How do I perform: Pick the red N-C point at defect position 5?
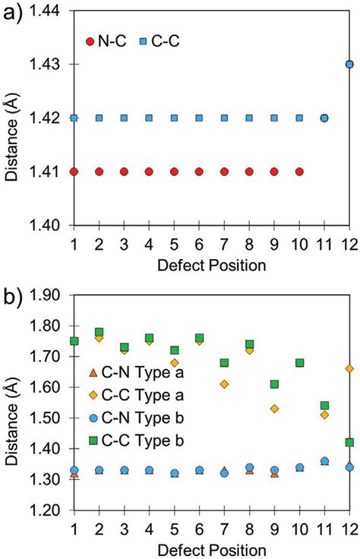pos(174,172)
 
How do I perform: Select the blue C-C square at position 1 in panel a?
pos(74,118)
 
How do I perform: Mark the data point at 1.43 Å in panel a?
pos(349,65)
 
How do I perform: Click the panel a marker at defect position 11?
pos(324,118)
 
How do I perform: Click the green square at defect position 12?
pos(349,442)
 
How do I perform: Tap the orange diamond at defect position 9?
pos(274,409)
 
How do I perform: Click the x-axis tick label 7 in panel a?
pos(224,244)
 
